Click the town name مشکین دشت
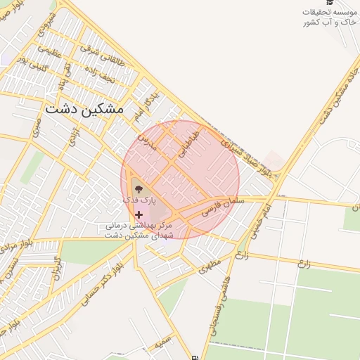point(84,110)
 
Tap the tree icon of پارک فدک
point(138,188)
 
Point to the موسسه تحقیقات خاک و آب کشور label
point(328,18)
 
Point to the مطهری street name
point(209,264)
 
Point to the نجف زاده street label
point(98,72)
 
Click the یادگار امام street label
point(145,104)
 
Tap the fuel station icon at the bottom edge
point(195,356)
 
